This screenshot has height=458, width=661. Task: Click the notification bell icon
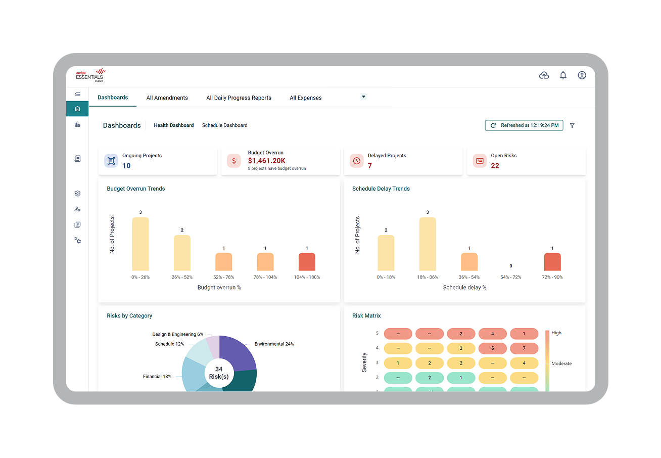tap(563, 75)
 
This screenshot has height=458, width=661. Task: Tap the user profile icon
tap(582, 75)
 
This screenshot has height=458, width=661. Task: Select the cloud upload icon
tap(544, 75)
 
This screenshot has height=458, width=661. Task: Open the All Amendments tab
tap(167, 98)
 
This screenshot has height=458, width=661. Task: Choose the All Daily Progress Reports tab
tap(239, 98)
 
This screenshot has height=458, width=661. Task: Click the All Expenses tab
tap(305, 98)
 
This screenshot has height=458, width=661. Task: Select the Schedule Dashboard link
tap(224, 125)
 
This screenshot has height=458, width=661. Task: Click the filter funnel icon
tap(572, 126)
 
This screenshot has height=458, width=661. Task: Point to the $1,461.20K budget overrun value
tap(266, 161)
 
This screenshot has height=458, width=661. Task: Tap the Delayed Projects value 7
tap(370, 166)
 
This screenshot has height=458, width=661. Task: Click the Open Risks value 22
tap(495, 166)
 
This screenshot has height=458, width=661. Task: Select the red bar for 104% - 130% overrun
tap(307, 262)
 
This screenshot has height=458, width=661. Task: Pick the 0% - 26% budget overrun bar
tap(140, 244)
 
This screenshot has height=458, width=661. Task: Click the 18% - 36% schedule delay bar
tap(428, 244)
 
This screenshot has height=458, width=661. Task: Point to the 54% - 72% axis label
tap(511, 277)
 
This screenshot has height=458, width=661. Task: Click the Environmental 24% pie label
tap(274, 344)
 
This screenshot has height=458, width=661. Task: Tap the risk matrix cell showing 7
tap(524, 348)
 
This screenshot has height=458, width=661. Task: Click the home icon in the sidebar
tap(77, 109)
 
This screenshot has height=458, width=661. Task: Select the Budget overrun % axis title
tap(219, 288)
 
